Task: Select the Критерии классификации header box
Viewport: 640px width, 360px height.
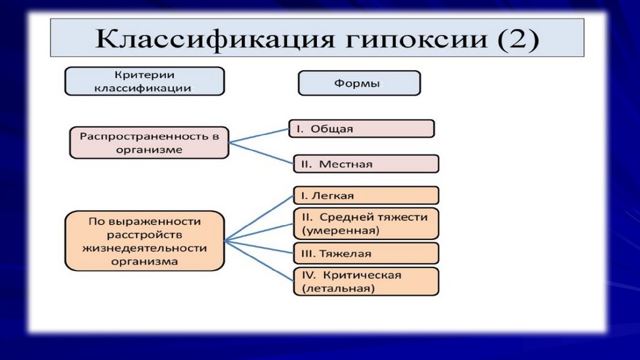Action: (x=144, y=81)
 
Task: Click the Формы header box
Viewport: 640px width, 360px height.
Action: (x=359, y=83)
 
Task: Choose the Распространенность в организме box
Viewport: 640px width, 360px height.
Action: (x=149, y=142)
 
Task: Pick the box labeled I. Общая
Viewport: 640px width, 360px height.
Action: (x=361, y=129)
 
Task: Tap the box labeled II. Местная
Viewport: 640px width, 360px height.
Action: (x=366, y=164)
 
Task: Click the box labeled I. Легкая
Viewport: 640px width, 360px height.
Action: (x=366, y=196)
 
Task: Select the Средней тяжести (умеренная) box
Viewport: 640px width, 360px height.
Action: (x=366, y=224)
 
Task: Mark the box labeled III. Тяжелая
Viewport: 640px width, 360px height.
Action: (x=366, y=254)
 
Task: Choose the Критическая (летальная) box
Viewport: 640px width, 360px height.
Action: (x=366, y=282)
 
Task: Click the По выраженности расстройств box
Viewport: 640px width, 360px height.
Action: (x=144, y=241)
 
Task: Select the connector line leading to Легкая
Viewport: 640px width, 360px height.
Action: (x=259, y=218)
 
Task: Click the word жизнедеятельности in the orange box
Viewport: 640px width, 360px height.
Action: (x=144, y=248)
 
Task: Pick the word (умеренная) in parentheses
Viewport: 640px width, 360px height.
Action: (x=341, y=231)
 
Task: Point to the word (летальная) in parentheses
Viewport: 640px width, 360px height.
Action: (x=338, y=289)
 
